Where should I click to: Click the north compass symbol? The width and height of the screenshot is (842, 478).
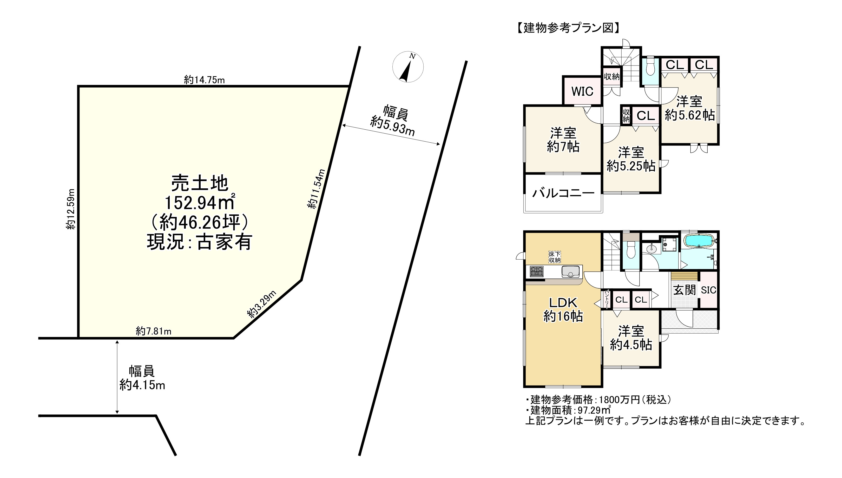407,67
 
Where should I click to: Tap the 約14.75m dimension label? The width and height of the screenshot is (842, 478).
204,80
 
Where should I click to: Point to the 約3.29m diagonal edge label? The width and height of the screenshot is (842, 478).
262,304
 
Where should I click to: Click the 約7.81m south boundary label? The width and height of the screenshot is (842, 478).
154,331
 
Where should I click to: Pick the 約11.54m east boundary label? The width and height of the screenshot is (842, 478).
317,189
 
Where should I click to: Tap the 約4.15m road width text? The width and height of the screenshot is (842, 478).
142,384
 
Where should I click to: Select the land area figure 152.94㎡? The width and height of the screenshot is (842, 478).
199,203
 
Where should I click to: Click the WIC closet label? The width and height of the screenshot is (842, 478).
582,91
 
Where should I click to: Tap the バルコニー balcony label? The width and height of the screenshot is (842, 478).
563,193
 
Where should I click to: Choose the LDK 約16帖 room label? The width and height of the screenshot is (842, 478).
563,310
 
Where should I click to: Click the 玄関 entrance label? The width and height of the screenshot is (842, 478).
684,290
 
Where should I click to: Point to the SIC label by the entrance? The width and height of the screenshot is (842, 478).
708,290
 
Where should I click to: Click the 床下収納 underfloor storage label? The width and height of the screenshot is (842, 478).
555,257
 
